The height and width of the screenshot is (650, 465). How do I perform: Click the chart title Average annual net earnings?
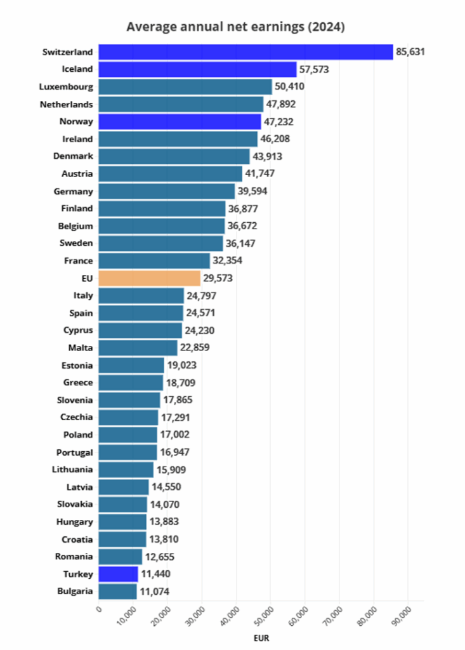click(x=235, y=27)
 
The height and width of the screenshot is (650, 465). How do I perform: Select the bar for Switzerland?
click(x=246, y=52)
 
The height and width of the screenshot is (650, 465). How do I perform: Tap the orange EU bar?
click(x=150, y=278)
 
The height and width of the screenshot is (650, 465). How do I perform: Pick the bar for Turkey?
click(x=118, y=574)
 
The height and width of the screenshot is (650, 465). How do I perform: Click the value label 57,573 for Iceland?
click(x=314, y=69)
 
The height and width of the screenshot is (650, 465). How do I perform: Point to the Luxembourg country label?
click(x=66, y=87)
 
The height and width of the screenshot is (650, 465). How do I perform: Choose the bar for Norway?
click(x=180, y=121)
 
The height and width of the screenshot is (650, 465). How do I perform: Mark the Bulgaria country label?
click(x=72, y=591)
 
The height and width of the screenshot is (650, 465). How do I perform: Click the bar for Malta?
click(x=138, y=348)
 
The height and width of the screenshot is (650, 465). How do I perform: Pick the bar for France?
click(x=154, y=260)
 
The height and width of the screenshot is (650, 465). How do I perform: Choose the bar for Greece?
click(x=131, y=382)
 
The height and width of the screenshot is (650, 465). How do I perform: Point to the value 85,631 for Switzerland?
click(x=410, y=52)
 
